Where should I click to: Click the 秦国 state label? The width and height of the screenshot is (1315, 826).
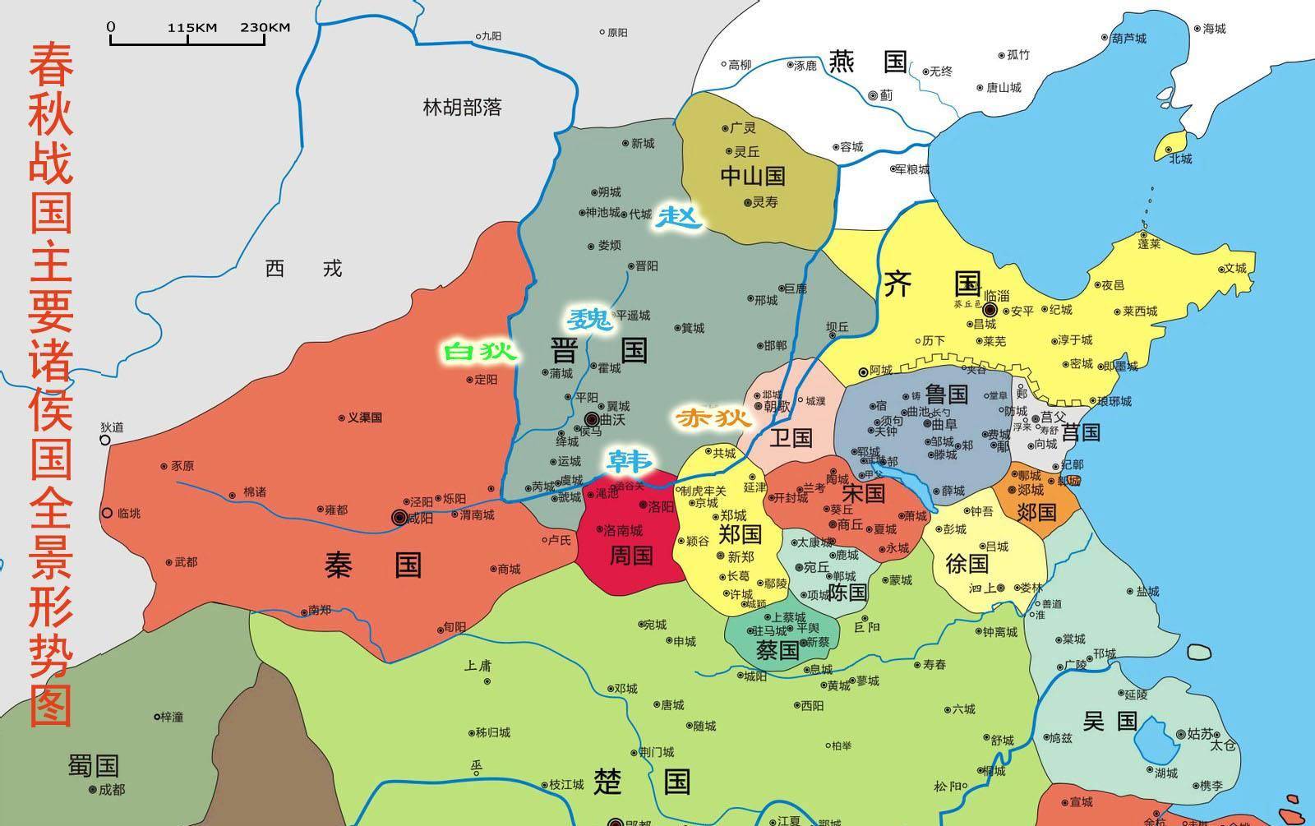[373, 565]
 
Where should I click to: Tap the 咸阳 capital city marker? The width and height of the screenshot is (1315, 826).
[400, 517]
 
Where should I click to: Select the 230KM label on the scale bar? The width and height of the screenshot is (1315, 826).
[265, 27]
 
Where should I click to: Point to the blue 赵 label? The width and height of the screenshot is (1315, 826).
[679, 217]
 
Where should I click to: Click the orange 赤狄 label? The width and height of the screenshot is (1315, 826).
[713, 418]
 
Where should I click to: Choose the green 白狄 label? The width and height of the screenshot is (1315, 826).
[481, 352]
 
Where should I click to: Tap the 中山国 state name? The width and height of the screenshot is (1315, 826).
[752, 175]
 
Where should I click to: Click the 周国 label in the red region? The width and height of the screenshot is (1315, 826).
[630, 556]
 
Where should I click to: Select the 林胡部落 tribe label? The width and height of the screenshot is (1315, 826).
[462, 107]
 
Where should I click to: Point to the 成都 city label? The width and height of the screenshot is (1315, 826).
[112, 789]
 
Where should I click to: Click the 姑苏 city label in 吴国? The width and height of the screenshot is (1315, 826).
[1199, 733]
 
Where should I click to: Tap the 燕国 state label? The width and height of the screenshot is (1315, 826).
[867, 62]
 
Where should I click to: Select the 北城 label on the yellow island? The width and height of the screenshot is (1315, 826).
[1180, 159]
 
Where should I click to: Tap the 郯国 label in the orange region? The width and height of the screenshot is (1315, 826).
[1036, 511]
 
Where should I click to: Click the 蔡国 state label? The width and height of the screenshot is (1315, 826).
[777, 651]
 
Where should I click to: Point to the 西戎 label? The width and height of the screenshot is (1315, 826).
[303, 268]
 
